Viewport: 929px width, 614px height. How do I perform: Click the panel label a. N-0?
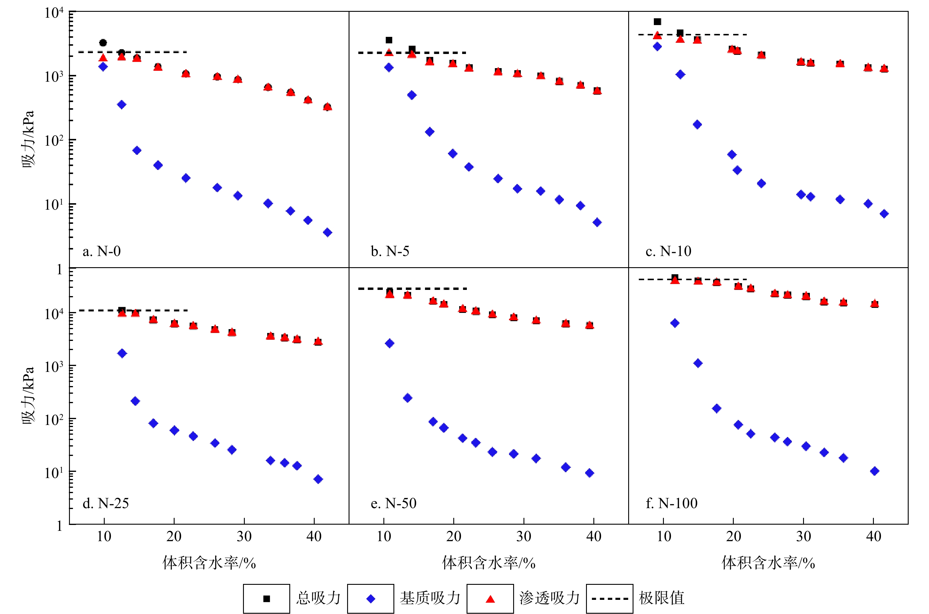tap(101, 251)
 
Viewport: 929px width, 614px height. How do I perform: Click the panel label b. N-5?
tap(390, 251)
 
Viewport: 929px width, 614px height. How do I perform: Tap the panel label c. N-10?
tap(668, 251)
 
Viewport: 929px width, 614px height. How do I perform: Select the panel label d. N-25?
tap(105, 503)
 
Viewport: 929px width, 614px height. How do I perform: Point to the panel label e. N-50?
tap(393, 503)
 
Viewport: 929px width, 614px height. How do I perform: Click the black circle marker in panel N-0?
tap(103, 43)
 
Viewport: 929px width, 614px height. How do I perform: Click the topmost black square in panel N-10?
tap(657, 22)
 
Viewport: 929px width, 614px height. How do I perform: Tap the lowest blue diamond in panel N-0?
tap(328, 233)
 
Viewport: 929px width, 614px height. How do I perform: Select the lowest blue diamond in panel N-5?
tap(597, 222)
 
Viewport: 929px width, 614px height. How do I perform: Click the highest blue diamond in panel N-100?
tap(674, 323)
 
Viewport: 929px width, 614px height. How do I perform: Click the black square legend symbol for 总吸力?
tap(267, 599)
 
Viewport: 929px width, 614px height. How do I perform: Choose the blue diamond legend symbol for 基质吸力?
tap(370, 599)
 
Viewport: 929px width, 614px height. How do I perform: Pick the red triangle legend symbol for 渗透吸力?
tap(490, 599)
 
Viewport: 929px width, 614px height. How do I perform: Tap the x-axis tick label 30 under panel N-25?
tap(244, 537)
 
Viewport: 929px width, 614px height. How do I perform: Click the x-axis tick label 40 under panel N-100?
tap(874, 537)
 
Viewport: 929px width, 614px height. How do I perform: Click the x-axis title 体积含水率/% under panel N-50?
tap(489, 563)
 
